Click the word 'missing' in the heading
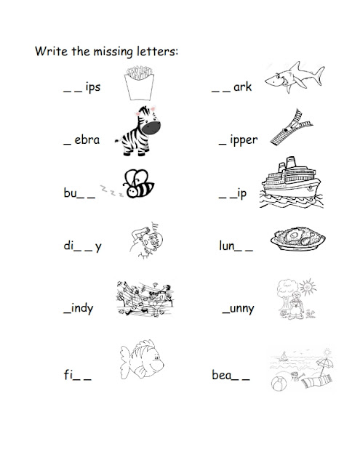113,52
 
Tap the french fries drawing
139,83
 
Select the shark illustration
294,77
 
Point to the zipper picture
291,128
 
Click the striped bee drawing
139,184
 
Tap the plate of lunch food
297,239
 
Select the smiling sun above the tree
308,287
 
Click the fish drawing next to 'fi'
142,360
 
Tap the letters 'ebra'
87,139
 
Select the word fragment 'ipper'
244,140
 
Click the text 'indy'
82,309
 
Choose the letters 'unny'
242,310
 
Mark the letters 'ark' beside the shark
242,86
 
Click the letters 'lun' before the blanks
227,246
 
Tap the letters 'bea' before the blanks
221,375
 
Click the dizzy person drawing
146,240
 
